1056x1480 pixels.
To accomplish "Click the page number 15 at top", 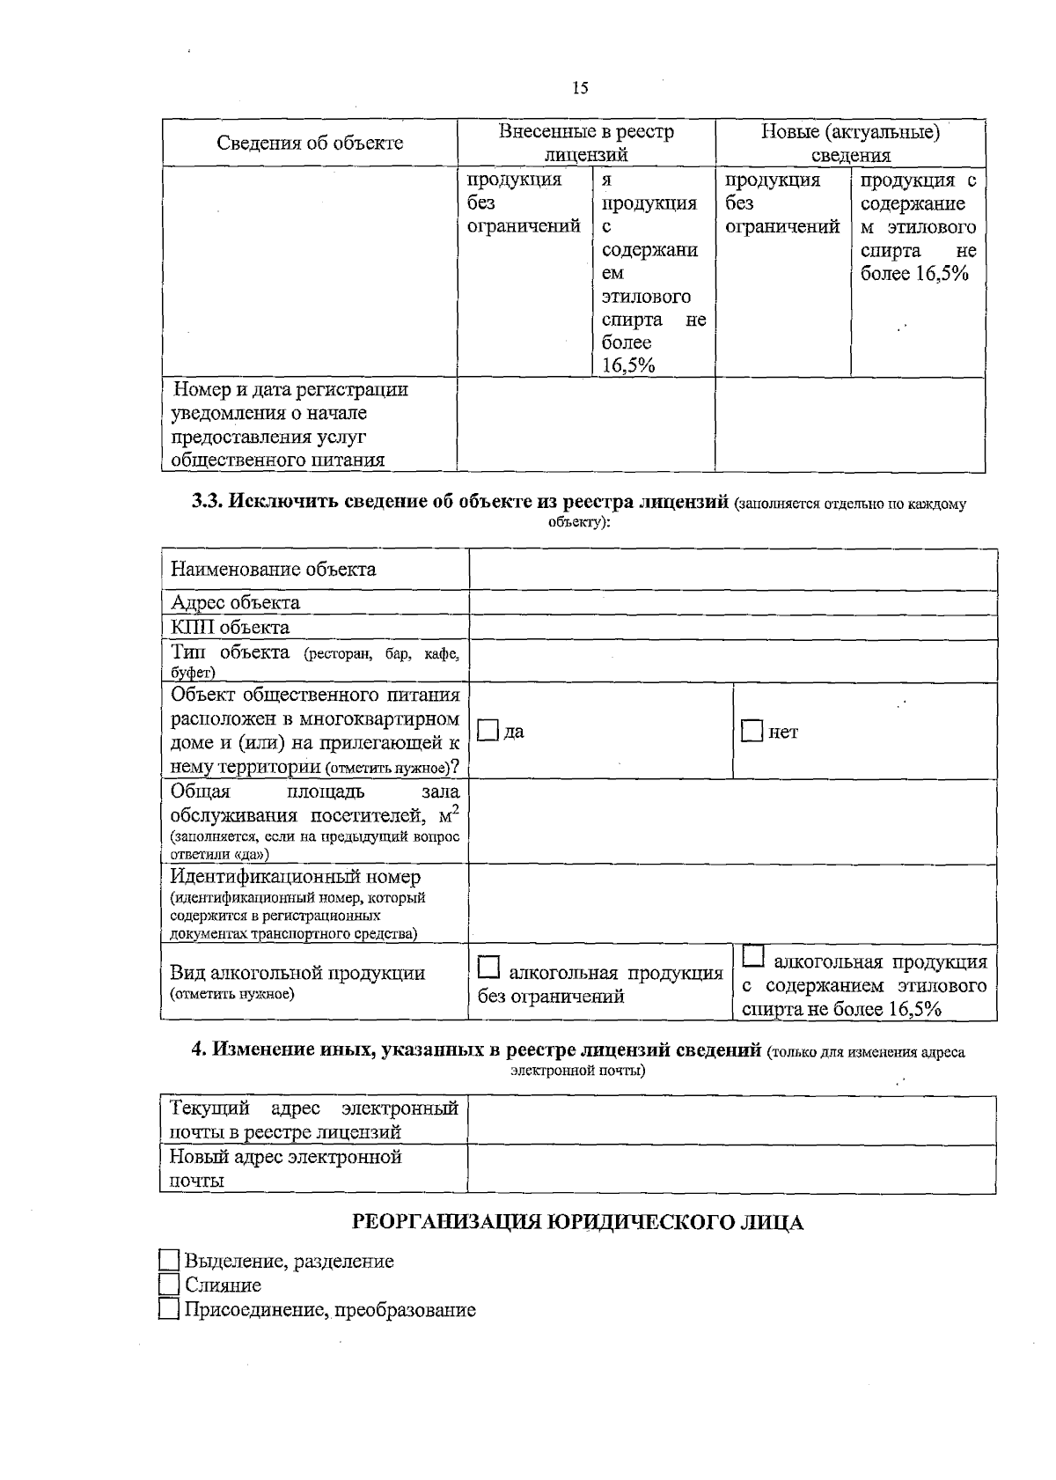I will pyautogui.click(x=580, y=88).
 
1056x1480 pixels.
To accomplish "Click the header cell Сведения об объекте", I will pyautogui.click(x=310, y=143).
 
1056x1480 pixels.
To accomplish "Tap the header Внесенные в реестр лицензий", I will pyautogui.click(x=586, y=143).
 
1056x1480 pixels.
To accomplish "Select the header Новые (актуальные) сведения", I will pyautogui.click(x=850, y=143).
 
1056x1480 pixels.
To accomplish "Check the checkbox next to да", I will pyautogui.click(x=488, y=731).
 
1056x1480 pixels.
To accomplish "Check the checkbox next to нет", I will pyautogui.click(x=752, y=731).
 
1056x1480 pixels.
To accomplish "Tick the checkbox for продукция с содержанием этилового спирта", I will pyautogui.click(x=754, y=955).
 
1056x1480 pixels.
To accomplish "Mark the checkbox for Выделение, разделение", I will pyautogui.click(x=169, y=1260).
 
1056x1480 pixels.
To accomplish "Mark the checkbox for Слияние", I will pyautogui.click(x=169, y=1285).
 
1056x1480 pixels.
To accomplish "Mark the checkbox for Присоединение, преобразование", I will pyautogui.click(x=169, y=1309).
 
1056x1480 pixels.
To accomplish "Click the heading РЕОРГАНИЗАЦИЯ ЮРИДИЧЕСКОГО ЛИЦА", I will pyautogui.click(x=577, y=1223).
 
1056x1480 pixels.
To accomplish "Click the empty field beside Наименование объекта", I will pyautogui.click(x=732, y=570).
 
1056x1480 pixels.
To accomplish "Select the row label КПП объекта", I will pyautogui.click(x=231, y=627).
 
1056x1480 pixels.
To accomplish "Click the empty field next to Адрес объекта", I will pyautogui.click(x=732, y=603).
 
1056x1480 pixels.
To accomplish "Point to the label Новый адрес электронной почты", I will pyautogui.click(x=285, y=1168).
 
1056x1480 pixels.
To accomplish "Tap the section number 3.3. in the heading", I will pyautogui.click(x=209, y=502).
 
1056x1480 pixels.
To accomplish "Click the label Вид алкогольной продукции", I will pyautogui.click(x=297, y=973).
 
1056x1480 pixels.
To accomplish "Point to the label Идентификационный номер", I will pyautogui.click(x=296, y=877).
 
